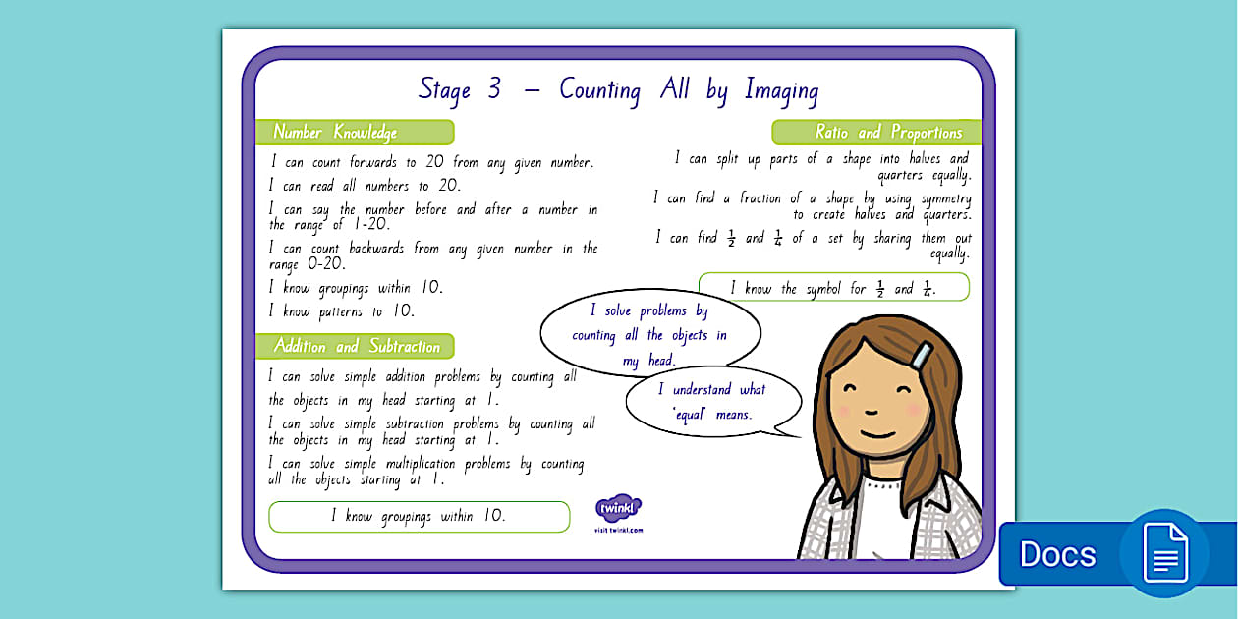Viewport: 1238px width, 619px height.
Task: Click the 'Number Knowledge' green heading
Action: click(336, 132)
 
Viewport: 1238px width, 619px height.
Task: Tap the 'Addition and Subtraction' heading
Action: click(356, 346)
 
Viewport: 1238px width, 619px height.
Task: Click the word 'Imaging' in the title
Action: click(781, 90)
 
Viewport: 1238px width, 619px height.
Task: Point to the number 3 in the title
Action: click(493, 89)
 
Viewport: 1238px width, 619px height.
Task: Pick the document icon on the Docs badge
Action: click(1165, 552)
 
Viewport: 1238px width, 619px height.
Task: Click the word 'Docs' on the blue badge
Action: click(1057, 554)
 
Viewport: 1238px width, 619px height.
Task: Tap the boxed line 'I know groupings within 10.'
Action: click(419, 516)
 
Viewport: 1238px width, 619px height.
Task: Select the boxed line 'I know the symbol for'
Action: click(833, 288)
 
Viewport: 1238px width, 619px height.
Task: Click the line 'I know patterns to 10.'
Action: click(342, 311)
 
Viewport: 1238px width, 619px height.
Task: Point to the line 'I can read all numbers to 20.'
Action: click(365, 185)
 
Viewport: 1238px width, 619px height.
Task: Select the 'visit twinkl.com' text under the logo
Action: click(619, 530)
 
